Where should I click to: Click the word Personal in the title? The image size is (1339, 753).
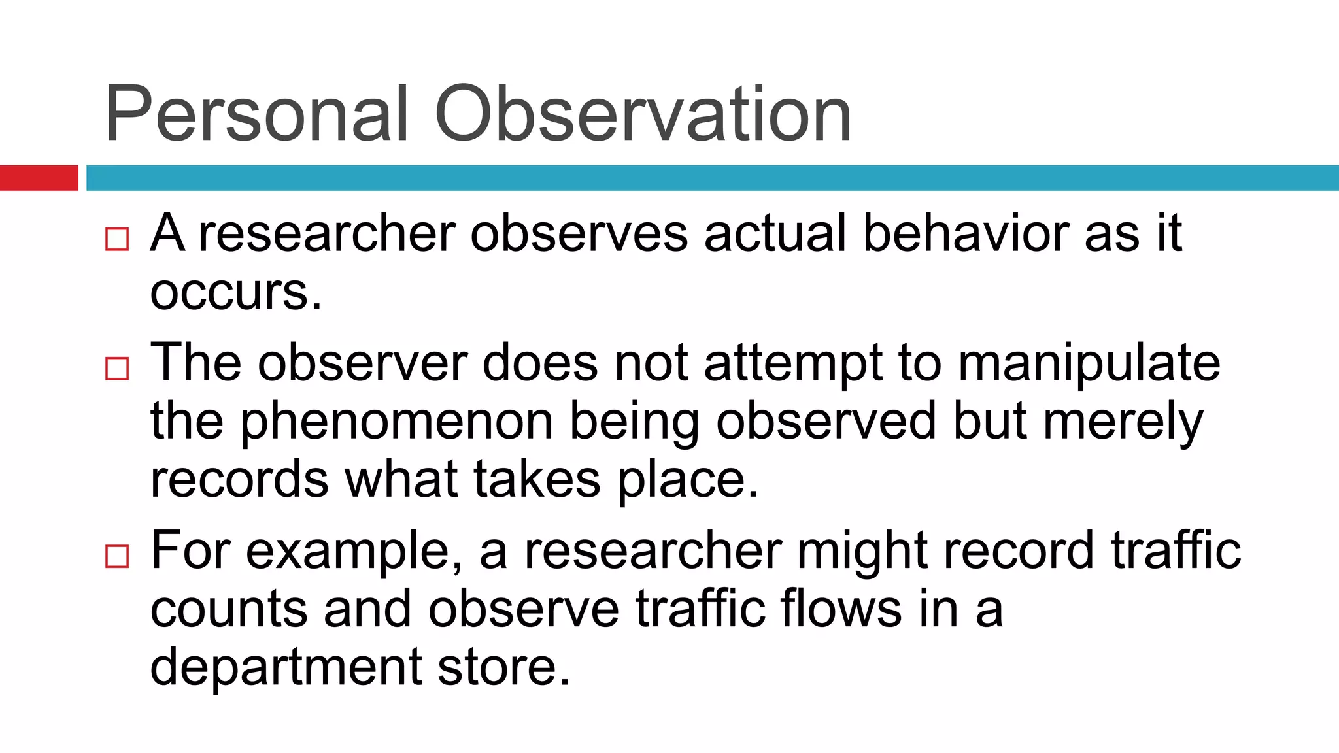pyautogui.click(x=256, y=114)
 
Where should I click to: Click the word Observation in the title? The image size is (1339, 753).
pyautogui.click(x=643, y=114)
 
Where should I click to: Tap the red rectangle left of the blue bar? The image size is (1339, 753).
pyautogui.click(x=39, y=178)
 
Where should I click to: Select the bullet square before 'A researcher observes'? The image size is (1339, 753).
pyautogui.click(x=117, y=239)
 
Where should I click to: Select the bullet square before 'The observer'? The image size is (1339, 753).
pyautogui.click(x=117, y=369)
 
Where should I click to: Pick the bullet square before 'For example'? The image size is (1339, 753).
pyautogui.click(x=117, y=557)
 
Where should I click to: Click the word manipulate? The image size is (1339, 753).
pyautogui.click(x=1089, y=363)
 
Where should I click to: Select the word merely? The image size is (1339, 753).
pyautogui.click(x=1123, y=422)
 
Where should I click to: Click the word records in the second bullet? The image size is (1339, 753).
pyautogui.click(x=239, y=478)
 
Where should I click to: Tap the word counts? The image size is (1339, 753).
pyautogui.click(x=228, y=609)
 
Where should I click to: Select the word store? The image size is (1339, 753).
pyautogui.click(x=503, y=667)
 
